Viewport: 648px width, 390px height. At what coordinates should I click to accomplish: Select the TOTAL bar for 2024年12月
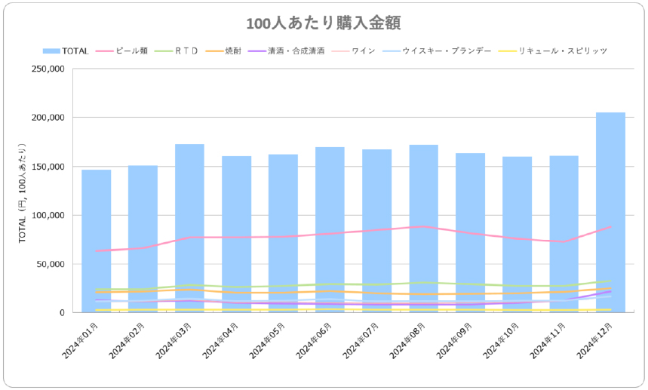tap(610, 211)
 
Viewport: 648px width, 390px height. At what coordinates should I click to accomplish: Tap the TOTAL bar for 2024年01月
tap(97, 241)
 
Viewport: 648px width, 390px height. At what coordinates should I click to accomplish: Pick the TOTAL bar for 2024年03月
tap(190, 226)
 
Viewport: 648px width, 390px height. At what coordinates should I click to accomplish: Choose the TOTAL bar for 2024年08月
tap(423, 226)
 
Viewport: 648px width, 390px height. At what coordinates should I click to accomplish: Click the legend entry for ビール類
tap(131, 51)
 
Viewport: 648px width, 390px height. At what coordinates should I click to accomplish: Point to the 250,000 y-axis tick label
tap(48, 69)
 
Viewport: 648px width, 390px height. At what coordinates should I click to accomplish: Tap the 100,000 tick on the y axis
tap(48, 216)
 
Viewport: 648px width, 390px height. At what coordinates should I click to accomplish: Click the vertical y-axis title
tap(22, 192)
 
